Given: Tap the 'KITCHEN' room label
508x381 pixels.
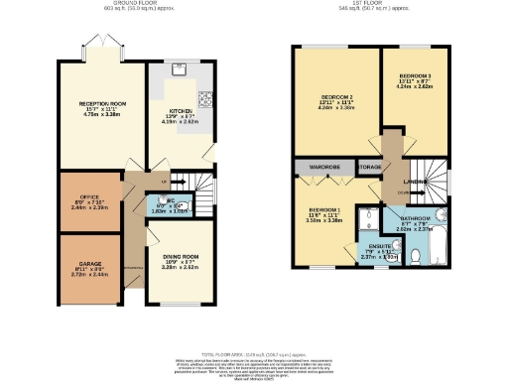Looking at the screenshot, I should (x=180, y=112).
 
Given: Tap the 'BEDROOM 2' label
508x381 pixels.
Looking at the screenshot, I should (x=336, y=95).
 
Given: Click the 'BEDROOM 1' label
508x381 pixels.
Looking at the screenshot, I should (x=324, y=210).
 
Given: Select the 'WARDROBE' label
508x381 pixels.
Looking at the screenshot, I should (x=324, y=167).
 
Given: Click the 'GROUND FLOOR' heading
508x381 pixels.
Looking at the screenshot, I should (x=132, y=5).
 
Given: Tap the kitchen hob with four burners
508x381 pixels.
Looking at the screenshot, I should (x=207, y=98).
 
